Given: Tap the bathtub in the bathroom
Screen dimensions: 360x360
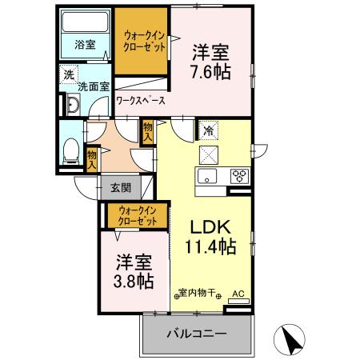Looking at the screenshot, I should (x=85, y=23).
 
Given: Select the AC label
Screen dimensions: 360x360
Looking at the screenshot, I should (x=238, y=294).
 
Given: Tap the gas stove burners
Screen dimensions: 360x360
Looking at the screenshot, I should (x=238, y=176).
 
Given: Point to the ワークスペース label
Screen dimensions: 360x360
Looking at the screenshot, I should (x=141, y=102).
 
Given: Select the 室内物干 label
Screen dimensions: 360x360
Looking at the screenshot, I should (x=198, y=294).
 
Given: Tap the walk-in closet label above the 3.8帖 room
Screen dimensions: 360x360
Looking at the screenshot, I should (x=137, y=214).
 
